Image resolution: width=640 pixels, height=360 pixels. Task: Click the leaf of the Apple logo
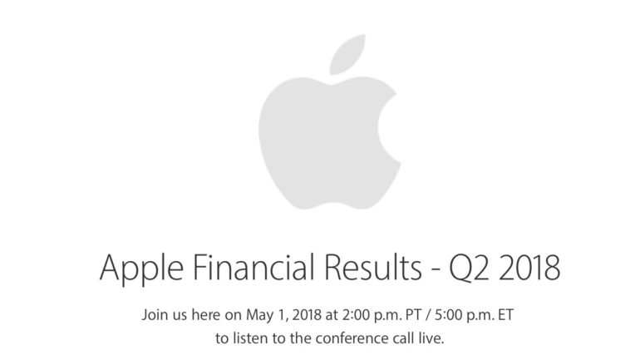(x=347, y=55)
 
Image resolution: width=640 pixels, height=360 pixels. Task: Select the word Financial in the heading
(x=254, y=268)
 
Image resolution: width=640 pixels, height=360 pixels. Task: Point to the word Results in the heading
(x=372, y=268)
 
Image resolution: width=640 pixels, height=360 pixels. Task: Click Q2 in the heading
(x=468, y=269)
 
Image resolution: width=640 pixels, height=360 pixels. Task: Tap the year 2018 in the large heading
(x=529, y=268)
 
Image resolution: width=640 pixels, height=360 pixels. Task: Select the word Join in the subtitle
(x=154, y=315)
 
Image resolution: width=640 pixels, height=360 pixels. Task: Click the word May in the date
(x=259, y=316)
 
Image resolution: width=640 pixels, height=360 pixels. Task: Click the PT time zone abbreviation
(x=412, y=315)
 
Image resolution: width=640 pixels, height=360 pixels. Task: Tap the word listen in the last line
(x=251, y=338)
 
